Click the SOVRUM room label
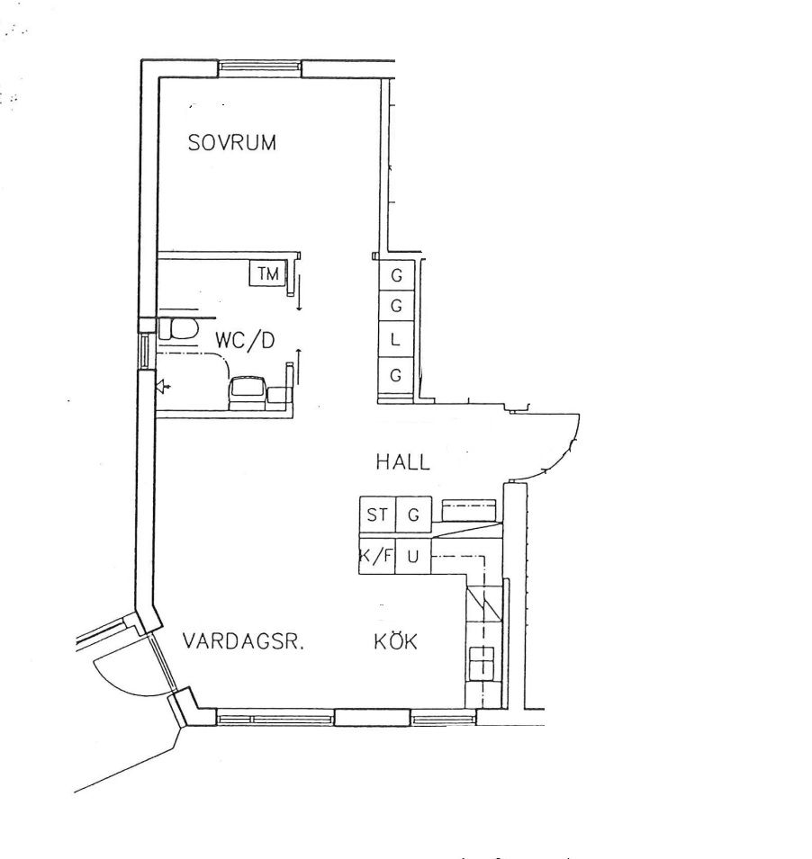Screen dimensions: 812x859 click(x=231, y=142)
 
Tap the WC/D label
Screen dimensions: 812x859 click(x=245, y=340)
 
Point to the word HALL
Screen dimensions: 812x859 click(x=403, y=461)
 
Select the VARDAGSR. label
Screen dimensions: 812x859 click(x=243, y=640)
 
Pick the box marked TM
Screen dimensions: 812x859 click(x=268, y=273)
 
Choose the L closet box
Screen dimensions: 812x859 click(x=395, y=340)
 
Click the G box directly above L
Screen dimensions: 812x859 click(x=395, y=305)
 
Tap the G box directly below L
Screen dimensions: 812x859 click(x=395, y=375)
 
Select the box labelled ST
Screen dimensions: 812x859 click(x=377, y=515)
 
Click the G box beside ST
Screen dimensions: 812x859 click(x=413, y=515)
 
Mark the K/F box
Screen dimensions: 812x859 click(x=377, y=556)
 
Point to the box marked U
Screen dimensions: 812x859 click(x=413, y=556)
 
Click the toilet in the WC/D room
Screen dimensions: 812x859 click(x=178, y=330)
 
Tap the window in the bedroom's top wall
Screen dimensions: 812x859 click(x=260, y=68)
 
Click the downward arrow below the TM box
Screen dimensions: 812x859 click(x=300, y=293)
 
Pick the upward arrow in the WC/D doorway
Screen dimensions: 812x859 click(x=299, y=366)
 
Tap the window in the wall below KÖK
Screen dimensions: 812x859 click(x=444, y=718)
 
